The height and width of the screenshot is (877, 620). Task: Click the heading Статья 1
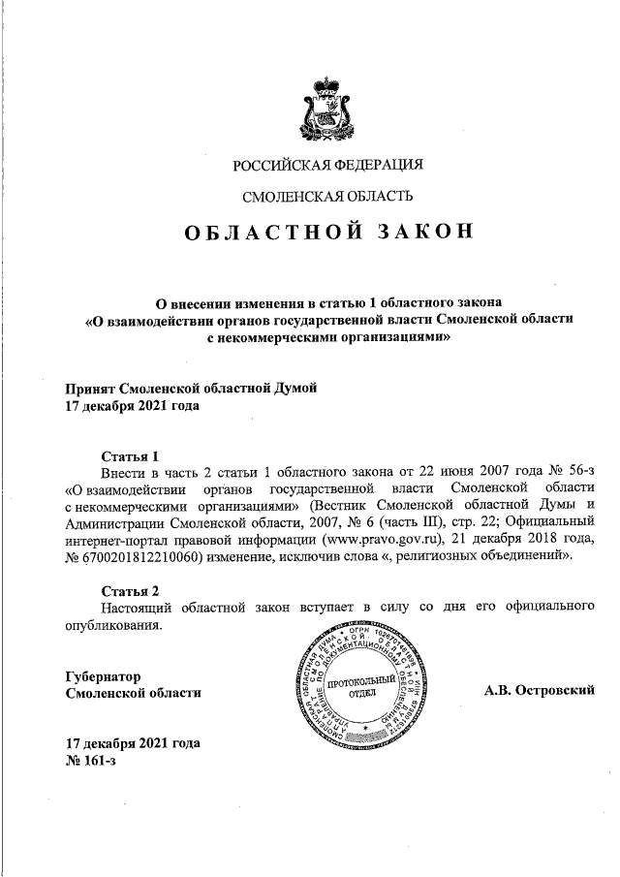(130, 456)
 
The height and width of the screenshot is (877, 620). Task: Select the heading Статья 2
(130, 590)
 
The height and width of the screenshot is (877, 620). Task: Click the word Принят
(88, 389)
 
